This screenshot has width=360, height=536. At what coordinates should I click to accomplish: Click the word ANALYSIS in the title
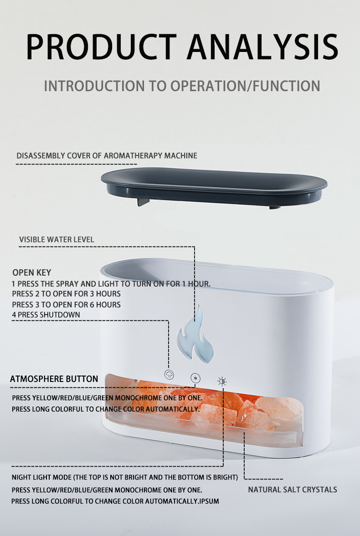[x=262, y=47]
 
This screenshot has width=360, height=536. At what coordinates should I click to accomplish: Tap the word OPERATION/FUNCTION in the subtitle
[x=245, y=86]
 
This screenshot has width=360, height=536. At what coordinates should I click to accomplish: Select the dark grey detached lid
[x=214, y=187]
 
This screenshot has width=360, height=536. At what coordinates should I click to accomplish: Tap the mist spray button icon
[x=169, y=374]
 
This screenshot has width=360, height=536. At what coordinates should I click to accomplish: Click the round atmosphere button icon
[x=195, y=378]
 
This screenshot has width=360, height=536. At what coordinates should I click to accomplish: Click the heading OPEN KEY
[x=32, y=273]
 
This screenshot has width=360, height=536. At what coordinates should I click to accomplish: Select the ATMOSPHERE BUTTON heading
[x=54, y=379]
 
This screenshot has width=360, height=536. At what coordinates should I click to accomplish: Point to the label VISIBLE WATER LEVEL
[x=57, y=240]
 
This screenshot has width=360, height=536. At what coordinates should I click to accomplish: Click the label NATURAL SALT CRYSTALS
[x=293, y=490]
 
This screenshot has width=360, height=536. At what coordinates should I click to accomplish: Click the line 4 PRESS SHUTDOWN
[x=46, y=314]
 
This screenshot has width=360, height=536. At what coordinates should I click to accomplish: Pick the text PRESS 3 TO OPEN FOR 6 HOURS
[x=67, y=304]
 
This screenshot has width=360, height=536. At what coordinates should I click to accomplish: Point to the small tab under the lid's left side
[x=143, y=201]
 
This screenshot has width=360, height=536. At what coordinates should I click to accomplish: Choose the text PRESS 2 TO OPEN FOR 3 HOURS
[x=67, y=294]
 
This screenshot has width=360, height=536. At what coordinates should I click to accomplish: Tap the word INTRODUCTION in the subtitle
[x=94, y=86]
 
